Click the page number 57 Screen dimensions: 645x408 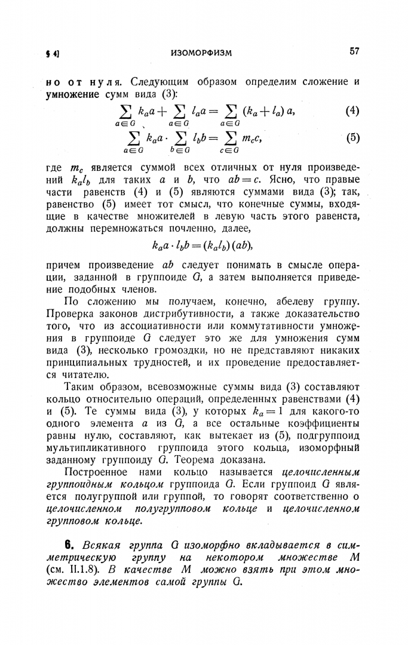(x=354, y=52)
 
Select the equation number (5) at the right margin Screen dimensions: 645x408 (x=352, y=137)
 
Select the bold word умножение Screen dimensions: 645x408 (x=73, y=93)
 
